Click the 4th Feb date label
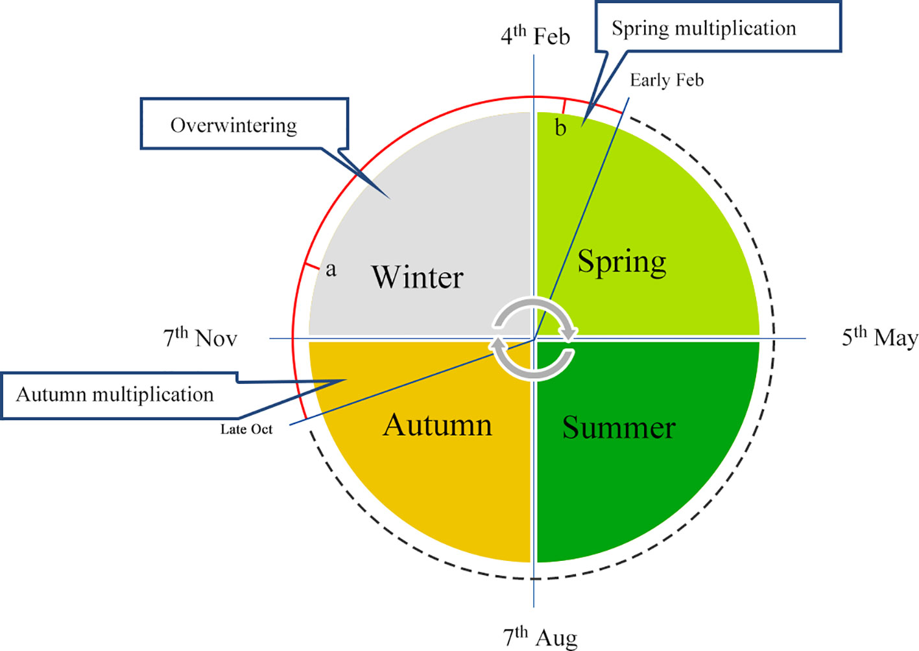tap(535, 36)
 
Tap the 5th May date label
tap(879, 338)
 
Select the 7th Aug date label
tap(540, 637)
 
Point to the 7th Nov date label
tap(200, 338)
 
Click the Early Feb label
tap(666, 80)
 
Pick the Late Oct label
tap(246, 429)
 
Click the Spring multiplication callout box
tap(718, 27)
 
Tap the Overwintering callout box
tap(244, 124)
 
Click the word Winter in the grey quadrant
tap(417, 278)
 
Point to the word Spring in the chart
tap(621, 262)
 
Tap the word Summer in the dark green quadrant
tap(618, 428)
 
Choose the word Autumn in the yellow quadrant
tap(437, 425)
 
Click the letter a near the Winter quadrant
tap(331, 269)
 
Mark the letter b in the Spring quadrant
tap(560, 128)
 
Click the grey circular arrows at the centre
tap(533, 338)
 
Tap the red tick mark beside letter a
tap(311, 266)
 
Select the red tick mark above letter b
tap(564, 106)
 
